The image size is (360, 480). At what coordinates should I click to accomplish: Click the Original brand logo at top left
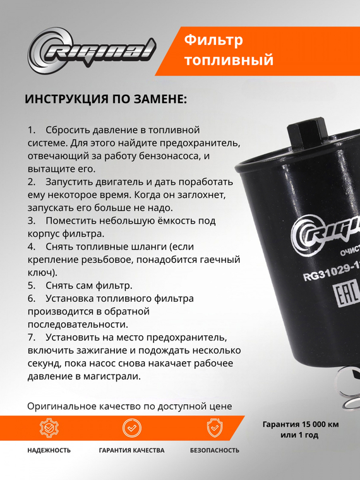point(90,51)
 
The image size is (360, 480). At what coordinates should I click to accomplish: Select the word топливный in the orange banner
point(229,61)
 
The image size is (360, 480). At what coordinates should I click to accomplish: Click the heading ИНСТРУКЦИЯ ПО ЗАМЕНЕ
point(105,100)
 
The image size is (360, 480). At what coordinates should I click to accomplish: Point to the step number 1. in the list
point(32,129)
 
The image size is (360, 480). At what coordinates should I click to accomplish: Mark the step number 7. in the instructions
point(32,337)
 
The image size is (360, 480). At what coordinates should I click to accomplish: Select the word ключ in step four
point(40,273)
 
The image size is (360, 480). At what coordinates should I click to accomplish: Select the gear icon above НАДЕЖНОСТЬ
point(49,428)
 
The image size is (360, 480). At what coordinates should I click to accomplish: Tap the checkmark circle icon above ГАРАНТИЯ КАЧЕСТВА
point(131,428)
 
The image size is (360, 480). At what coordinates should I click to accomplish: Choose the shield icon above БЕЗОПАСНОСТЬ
point(215,428)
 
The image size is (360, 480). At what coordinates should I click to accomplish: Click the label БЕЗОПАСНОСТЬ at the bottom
point(215,450)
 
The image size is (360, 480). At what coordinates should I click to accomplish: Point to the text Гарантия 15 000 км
point(301,424)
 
